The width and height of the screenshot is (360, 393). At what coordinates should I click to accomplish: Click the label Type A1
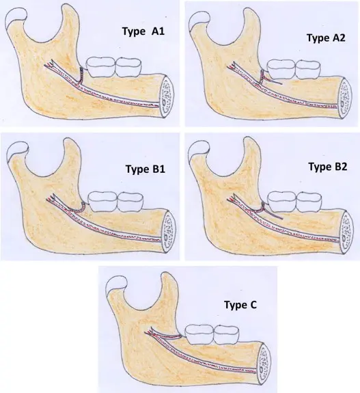(143, 31)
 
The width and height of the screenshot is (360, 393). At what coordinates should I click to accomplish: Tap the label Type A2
(326, 38)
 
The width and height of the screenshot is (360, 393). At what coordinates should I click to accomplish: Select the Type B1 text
(146, 169)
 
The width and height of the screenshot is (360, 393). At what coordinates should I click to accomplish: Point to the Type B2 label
(328, 166)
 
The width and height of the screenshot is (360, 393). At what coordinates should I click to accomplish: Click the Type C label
(240, 305)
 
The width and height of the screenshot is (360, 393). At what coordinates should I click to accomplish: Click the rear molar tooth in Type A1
(101, 66)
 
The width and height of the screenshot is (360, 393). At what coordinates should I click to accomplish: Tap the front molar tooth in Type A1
(128, 67)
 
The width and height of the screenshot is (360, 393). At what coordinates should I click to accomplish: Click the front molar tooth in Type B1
(130, 201)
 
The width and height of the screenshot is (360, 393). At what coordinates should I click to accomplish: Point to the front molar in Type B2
(309, 201)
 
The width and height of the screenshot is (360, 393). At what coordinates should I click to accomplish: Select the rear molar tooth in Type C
(199, 334)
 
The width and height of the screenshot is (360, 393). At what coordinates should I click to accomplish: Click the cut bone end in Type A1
(167, 96)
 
